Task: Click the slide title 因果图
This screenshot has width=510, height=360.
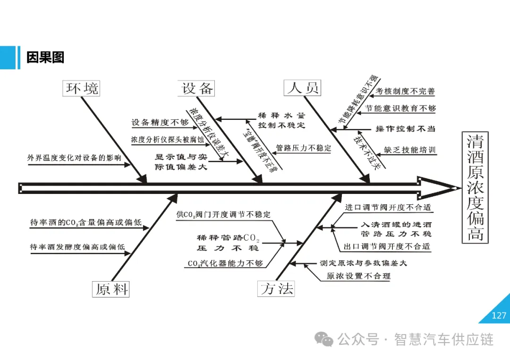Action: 45,58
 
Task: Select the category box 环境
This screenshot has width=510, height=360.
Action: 83,88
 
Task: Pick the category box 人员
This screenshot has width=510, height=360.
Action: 303,87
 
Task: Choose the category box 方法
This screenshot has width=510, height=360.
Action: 277,288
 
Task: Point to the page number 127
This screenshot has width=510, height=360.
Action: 499,316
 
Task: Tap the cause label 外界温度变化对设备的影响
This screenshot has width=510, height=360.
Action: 74,158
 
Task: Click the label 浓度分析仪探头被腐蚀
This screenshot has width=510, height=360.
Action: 168,140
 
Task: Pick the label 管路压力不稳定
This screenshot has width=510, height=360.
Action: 304,148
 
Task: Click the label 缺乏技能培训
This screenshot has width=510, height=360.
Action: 409,150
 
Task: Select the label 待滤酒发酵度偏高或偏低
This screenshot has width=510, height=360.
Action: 77,246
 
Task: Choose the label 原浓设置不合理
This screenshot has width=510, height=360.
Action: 359,276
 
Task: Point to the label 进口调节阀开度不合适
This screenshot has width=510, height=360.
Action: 388,207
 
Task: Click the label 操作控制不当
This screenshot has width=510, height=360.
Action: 405,128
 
